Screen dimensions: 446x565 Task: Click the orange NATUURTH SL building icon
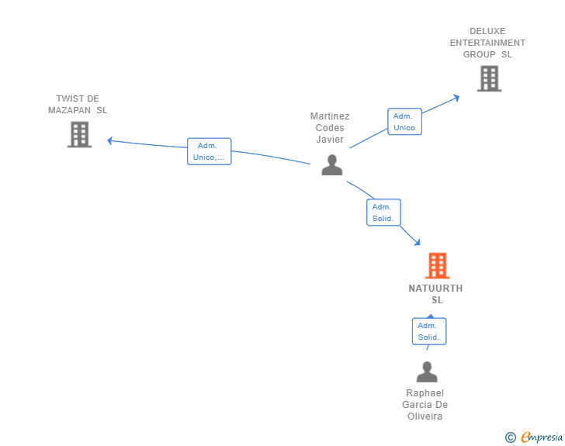tap(438, 266)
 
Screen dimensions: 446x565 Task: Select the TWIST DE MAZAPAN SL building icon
tap(79, 134)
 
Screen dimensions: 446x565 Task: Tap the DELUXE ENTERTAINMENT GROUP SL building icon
tap(489, 78)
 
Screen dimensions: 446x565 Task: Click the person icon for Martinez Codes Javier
tap(331, 164)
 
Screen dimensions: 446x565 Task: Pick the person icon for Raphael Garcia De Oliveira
tap(426, 372)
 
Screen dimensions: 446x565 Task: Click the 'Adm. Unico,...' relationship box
tap(209, 151)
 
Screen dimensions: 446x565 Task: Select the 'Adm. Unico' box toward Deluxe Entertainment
tap(404, 122)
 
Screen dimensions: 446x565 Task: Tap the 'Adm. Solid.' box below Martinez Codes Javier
tap(383, 213)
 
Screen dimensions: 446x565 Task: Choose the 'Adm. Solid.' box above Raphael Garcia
tap(428, 331)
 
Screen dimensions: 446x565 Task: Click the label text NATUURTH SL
tap(436, 294)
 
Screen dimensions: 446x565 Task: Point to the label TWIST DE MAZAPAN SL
tap(78, 104)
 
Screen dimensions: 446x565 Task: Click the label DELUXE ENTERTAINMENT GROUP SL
tap(487, 43)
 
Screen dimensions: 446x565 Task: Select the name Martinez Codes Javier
tap(330, 128)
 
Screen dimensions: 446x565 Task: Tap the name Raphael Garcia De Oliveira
tap(425, 405)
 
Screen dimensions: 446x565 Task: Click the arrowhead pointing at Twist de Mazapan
tap(109, 140)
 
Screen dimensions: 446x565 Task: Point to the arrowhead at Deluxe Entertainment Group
tap(457, 97)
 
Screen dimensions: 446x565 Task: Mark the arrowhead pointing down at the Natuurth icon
tap(418, 244)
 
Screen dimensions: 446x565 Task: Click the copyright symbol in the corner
tap(510, 437)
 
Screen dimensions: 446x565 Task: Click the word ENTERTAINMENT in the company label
tap(487, 43)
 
